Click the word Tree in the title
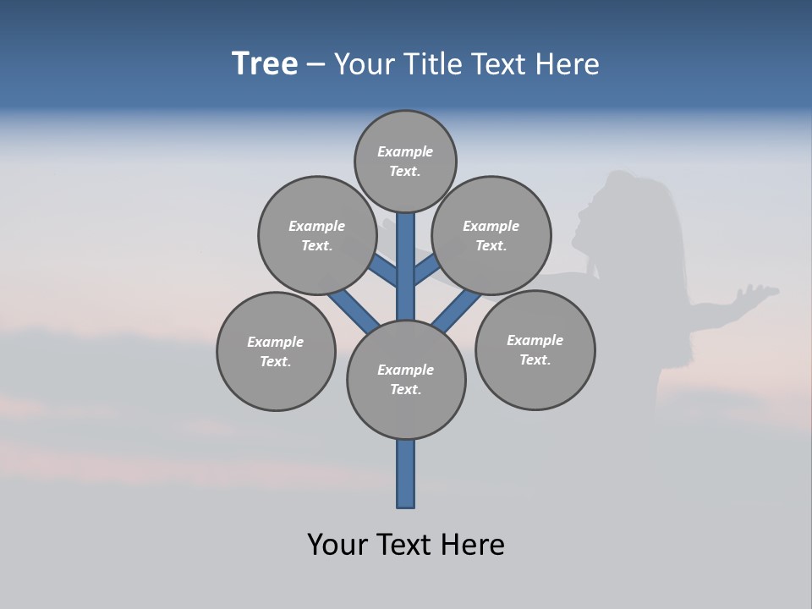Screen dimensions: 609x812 pyautogui.click(x=265, y=64)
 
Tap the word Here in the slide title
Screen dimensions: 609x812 pyautogui.click(x=568, y=64)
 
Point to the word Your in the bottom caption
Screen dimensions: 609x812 pyautogui.click(x=337, y=545)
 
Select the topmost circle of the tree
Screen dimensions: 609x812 pyautogui.click(x=405, y=161)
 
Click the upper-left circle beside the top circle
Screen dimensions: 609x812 pyautogui.click(x=317, y=235)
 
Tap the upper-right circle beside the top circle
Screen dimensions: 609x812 pyautogui.click(x=491, y=235)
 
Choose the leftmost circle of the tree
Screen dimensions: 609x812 pyautogui.click(x=276, y=351)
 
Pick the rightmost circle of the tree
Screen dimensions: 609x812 pyautogui.click(x=535, y=349)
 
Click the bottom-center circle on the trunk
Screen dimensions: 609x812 pyautogui.click(x=406, y=379)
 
